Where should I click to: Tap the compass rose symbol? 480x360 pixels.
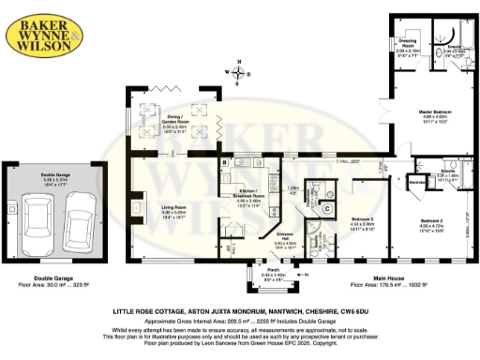(x=240, y=71)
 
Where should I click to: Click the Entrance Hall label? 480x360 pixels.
(x=284, y=235)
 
